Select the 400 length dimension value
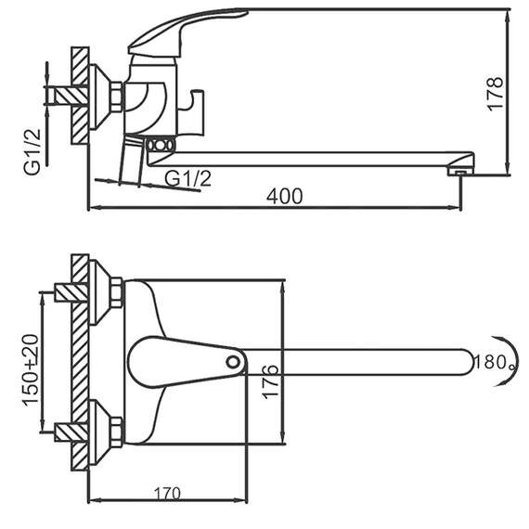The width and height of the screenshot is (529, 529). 284,196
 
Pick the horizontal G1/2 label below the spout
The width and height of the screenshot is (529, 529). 187,178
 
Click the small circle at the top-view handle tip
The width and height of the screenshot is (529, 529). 233,362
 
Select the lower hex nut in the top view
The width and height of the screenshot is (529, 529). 116,429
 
